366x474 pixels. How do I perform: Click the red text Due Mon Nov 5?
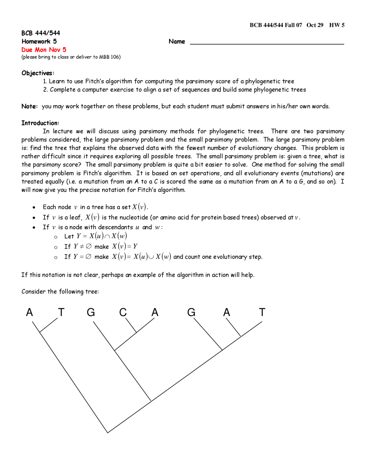pos(44,50)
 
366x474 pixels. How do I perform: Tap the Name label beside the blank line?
pos(177,42)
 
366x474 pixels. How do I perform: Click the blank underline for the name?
pos(267,44)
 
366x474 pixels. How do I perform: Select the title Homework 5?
pos(39,41)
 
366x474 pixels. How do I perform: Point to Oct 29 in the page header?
pos(315,25)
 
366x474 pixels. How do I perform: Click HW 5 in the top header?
pos(337,25)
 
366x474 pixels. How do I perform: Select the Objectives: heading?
pos(38,73)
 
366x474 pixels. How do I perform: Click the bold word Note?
pos(29,106)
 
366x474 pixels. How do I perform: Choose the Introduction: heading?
pos(40,123)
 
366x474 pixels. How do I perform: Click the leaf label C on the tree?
pos(123,312)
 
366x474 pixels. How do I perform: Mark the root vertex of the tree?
pos(108,433)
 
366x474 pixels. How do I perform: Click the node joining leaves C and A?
pos(136,332)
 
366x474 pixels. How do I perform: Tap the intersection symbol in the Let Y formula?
pos(107,236)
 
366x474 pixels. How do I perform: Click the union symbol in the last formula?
pos(151,257)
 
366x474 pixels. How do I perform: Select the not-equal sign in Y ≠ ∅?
pos(82,246)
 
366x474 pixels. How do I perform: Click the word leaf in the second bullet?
pos(75,217)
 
